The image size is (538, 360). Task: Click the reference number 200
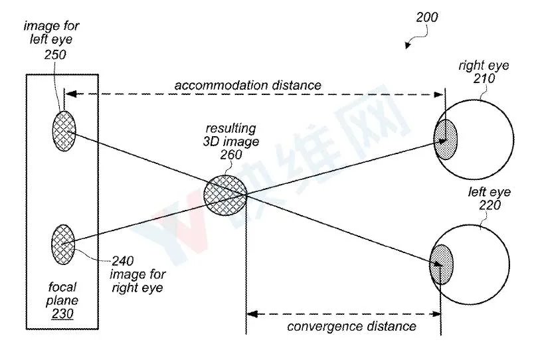[427, 17]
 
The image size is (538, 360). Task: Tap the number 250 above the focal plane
[55, 54]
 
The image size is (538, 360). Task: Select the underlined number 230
[62, 314]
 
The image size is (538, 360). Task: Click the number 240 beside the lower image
[123, 261]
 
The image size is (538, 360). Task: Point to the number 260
[231, 155]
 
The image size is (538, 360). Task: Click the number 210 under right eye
[484, 78]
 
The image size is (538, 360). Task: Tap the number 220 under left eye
[490, 205]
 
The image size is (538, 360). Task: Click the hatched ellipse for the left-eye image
[64, 131]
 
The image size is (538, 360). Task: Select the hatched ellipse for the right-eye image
[63, 244]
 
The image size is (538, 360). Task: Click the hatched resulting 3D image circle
[225, 195]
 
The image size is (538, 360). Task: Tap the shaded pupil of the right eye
[446, 139]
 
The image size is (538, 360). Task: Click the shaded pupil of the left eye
[441, 264]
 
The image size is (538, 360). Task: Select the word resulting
[230, 128]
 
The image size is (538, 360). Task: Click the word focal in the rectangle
[62, 286]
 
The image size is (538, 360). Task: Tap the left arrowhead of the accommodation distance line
[70, 94]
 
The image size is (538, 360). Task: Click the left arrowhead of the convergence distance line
[252, 314]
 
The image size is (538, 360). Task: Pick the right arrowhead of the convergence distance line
[436, 314]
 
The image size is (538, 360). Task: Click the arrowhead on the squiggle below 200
[408, 45]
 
